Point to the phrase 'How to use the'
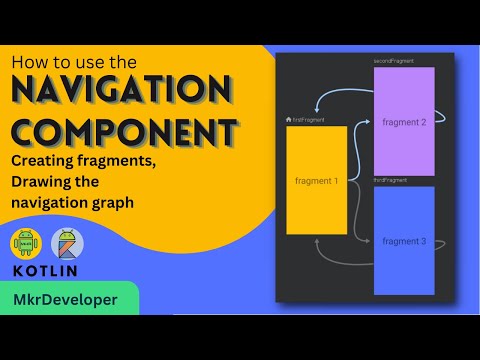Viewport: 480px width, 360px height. click(72, 63)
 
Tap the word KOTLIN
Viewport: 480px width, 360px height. click(46, 272)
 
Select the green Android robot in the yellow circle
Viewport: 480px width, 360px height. click(26, 245)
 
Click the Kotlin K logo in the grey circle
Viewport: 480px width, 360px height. click(68, 245)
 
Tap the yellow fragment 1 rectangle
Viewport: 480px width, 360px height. click(316, 181)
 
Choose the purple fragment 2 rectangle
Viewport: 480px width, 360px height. click(404, 121)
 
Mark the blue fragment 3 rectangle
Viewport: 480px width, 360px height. click(404, 241)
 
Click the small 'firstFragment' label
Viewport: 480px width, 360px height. click(307, 120)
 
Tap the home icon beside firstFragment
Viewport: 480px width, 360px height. click(289, 120)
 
